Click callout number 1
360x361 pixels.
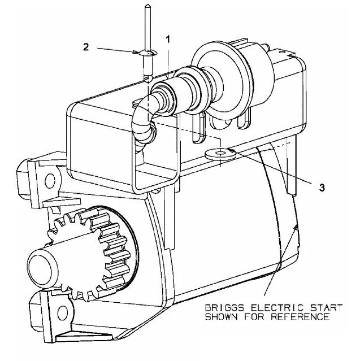(168, 40)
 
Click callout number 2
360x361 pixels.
(86, 47)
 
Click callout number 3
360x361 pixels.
(322, 188)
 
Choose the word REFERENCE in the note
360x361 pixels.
(300, 316)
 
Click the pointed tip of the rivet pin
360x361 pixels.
(147, 5)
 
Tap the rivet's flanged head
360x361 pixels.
(148, 53)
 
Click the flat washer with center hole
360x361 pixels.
(220, 153)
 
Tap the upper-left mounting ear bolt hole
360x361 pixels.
(50, 181)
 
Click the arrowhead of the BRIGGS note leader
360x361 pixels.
(295, 228)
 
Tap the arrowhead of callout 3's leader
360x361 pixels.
(232, 151)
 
